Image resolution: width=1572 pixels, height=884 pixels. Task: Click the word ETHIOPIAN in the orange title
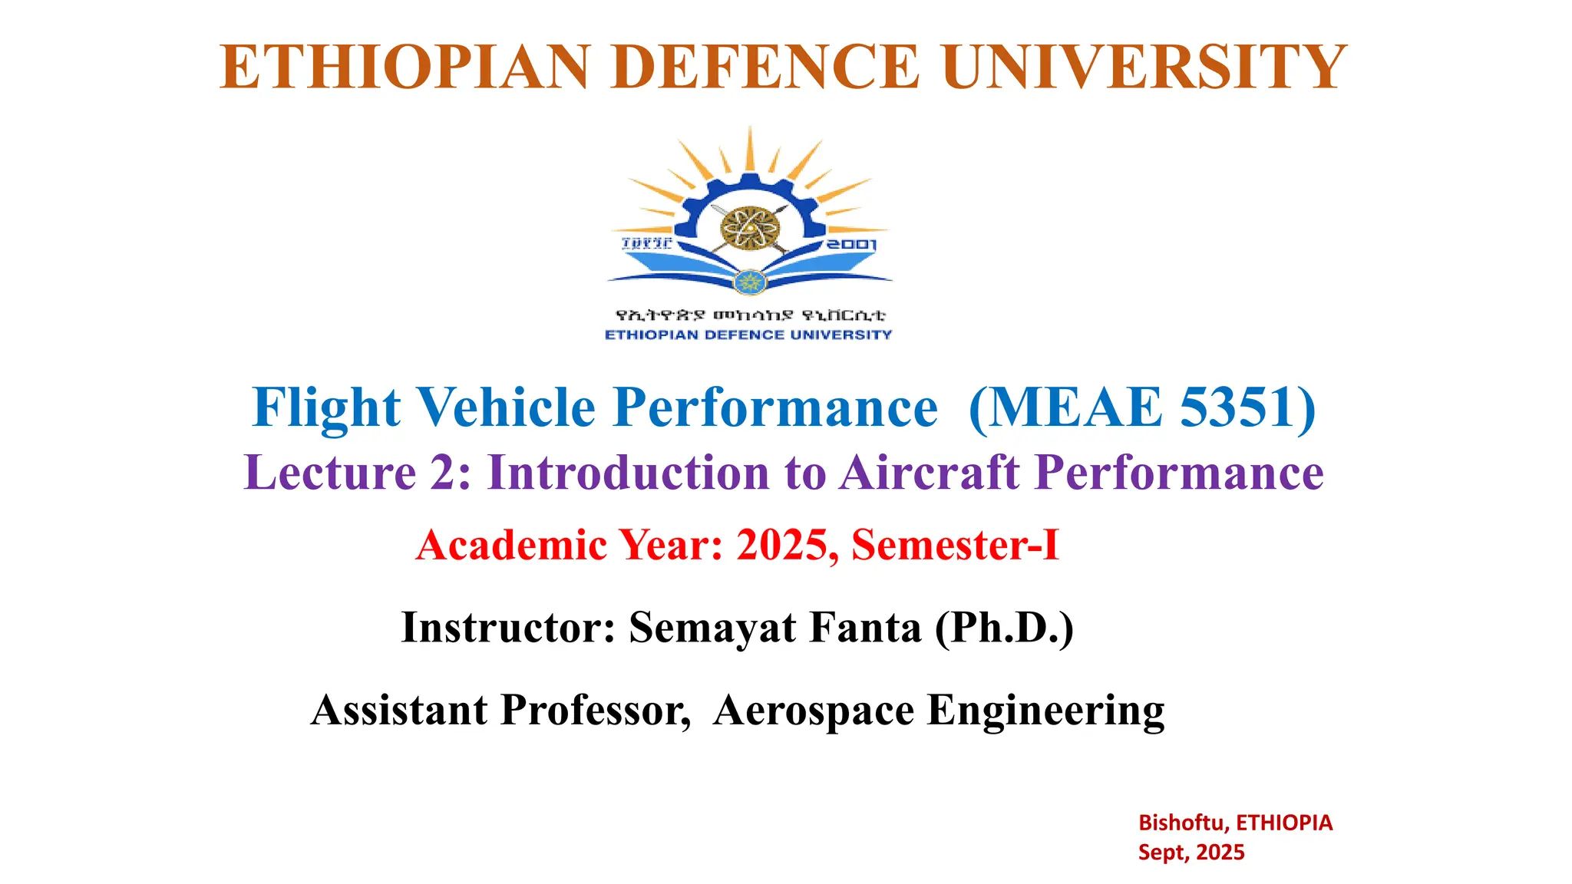coord(405,68)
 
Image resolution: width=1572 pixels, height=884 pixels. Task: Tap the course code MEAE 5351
coord(1142,407)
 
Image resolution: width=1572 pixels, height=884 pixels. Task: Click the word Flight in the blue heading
coord(326,407)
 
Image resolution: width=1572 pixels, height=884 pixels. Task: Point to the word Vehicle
coord(506,407)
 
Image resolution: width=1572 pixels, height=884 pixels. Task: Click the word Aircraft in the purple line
coord(930,472)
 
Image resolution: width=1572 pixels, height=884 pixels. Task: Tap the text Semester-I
coord(956,545)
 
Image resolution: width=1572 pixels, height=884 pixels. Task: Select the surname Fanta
coord(865,628)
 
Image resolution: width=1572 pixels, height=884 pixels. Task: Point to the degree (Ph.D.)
coord(1004,628)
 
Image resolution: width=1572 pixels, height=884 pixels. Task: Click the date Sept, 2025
coord(1191,852)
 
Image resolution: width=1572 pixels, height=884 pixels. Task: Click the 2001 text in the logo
coord(851,245)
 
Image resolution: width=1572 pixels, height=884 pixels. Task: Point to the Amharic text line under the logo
coord(750,315)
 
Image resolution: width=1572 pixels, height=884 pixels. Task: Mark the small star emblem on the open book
coord(750,282)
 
